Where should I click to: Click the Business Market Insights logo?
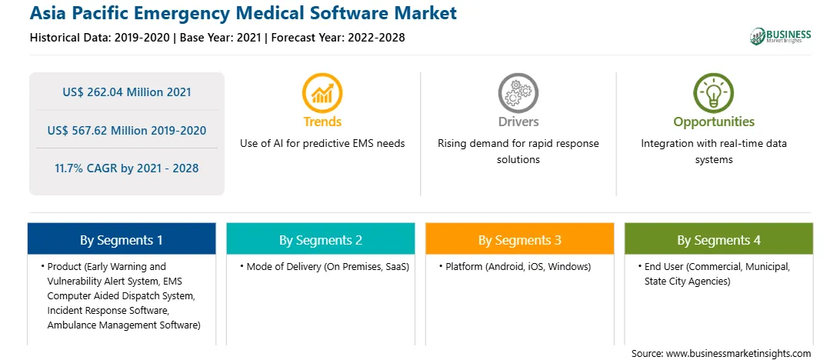(x=781, y=36)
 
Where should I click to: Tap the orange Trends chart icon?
(x=322, y=92)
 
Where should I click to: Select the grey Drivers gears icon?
(x=518, y=92)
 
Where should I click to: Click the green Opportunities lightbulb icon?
(x=714, y=92)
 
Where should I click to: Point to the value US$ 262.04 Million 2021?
(x=127, y=92)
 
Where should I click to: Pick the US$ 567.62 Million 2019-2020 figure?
(x=127, y=130)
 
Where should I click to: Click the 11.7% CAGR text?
(x=127, y=168)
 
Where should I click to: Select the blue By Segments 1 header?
(x=122, y=239)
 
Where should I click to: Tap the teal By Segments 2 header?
(x=320, y=239)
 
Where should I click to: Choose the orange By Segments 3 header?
(x=520, y=239)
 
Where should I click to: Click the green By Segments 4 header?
(x=719, y=239)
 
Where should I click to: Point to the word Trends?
(x=322, y=122)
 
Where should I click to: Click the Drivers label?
(x=518, y=122)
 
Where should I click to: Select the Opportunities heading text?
(x=714, y=122)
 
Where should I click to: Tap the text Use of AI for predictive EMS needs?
(x=322, y=144)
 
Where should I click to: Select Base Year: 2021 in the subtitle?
(x=220, y=38)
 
